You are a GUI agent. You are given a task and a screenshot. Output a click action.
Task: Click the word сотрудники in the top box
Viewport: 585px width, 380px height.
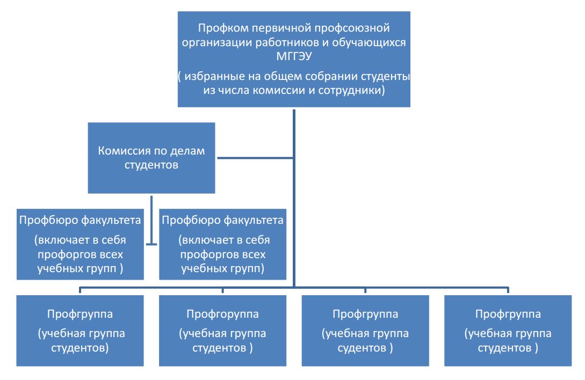click(x=354, y=91)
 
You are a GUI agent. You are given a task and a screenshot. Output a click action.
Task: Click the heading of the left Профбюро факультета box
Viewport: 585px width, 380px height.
click(x=80, y=220)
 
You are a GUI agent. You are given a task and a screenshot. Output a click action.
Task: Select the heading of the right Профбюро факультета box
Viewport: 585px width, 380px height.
click(x=222, y=220)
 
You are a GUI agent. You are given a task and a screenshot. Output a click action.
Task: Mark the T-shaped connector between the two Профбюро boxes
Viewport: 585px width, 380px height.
click(x=152, y=244)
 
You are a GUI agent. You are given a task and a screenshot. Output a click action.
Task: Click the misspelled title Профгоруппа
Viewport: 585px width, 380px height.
click(x=222, y=313)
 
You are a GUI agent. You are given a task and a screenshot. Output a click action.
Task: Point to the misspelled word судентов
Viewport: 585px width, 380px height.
click(x=362, y=347)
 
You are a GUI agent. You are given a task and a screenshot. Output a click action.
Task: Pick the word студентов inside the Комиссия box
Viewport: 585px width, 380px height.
click(x=151, y=165)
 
